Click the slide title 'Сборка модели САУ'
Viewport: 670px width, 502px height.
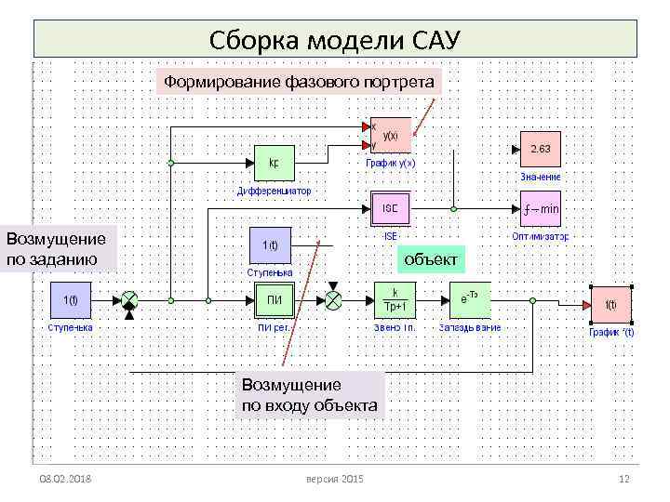point(335,41)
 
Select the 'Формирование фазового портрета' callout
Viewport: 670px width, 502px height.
point(299,83)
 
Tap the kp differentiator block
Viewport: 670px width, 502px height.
point(274,164)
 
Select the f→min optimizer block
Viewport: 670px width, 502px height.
point(541,209)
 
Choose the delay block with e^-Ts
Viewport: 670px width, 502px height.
point(469,300)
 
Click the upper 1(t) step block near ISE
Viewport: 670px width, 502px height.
point(270,245)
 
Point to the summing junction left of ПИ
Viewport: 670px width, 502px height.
point(129,300)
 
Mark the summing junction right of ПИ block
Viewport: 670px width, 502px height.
point(333,299)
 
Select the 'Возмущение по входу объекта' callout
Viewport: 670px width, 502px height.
point(309,394)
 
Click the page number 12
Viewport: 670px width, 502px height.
point(624,478)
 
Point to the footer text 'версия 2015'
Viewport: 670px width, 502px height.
point(334,478)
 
